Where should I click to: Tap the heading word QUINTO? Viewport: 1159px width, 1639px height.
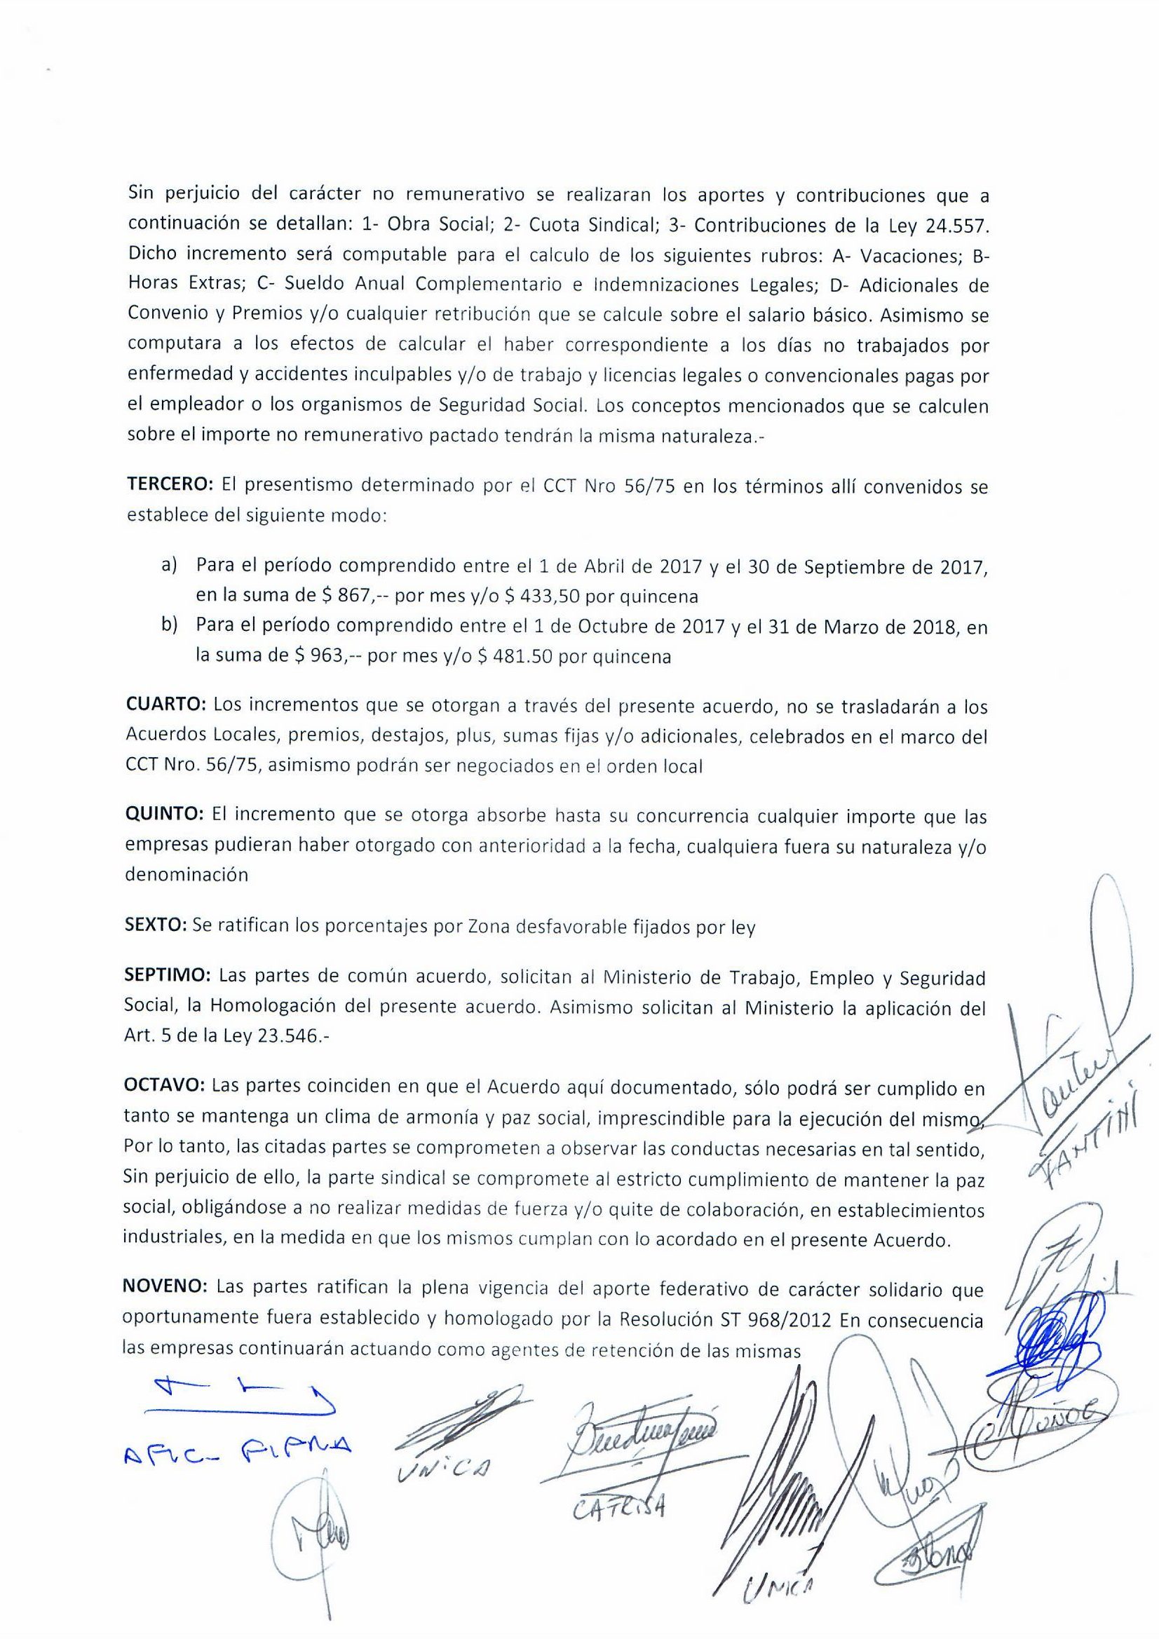[165, 815]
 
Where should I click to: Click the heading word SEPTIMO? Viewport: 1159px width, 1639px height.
[168, 976]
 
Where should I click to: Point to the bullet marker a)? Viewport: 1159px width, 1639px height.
[168, 566]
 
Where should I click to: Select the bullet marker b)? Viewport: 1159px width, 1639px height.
[168, 627]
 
